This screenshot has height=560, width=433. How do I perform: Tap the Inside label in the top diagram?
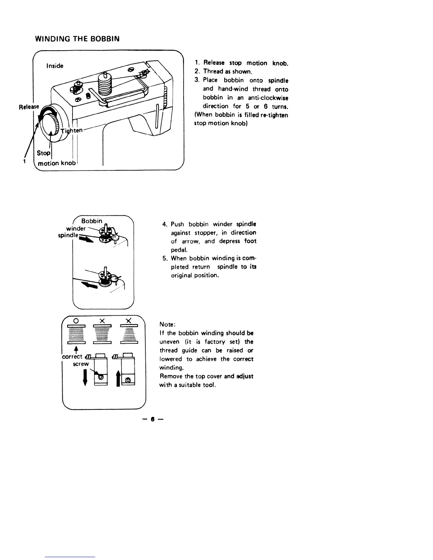pyautogui.click(x=55, y=66)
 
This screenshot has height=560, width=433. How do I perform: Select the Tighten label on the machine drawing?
pyautogui.click(x=71, y=131)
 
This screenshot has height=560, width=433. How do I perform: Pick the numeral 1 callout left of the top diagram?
pyautogui.click(x=24, y=161)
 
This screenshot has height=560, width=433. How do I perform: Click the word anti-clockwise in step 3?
pyautogui.click(x=268, y=98)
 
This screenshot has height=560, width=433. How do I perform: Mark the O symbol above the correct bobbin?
pyautogui.click(x=75, y=320)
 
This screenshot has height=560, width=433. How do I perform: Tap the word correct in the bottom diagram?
pyautogui.click(x=72, y=356)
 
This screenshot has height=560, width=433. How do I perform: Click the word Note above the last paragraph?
pyautogui.click(x=166, y=325)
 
